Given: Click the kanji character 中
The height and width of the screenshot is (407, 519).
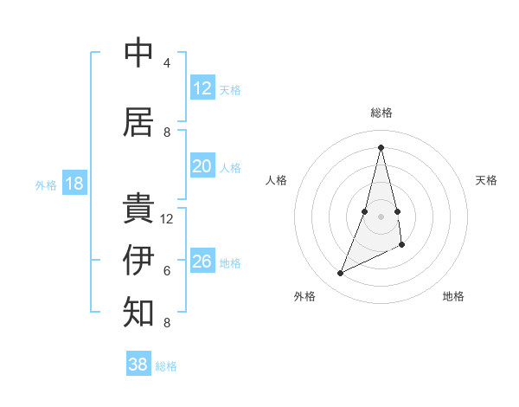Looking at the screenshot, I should pos(138,54).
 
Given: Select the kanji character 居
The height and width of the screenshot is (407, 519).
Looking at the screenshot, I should pos(138,122).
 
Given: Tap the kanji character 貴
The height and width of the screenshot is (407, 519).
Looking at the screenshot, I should pos(138,209).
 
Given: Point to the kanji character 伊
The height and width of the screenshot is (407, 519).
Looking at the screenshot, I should pos(138,260).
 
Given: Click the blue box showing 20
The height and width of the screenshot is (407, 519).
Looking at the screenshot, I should pos(202,166).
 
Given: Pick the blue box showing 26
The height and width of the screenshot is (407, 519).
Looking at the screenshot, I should pos(202,262).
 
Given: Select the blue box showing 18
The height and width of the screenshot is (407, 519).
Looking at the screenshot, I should pos(74,184).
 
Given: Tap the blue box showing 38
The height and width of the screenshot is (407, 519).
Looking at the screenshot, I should pos(138,365).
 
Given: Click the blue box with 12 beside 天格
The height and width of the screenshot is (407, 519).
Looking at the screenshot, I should pos(202,88).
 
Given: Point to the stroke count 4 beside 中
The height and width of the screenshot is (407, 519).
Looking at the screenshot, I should pos(166,63).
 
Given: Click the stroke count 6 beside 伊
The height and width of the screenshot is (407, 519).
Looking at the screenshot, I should pos(166,271).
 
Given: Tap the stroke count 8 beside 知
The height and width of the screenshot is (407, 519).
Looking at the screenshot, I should pos(166,323).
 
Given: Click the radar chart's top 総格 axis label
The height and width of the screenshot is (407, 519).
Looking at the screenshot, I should pos(381,113).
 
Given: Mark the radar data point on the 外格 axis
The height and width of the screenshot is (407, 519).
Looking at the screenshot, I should pos(340,274).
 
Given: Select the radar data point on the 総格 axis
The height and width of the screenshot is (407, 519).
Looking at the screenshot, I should pos(381,147).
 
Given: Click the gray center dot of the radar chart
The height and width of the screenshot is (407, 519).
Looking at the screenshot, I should pos(381,216).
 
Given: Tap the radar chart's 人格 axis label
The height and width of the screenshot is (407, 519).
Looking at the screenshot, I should pos(276,180).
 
